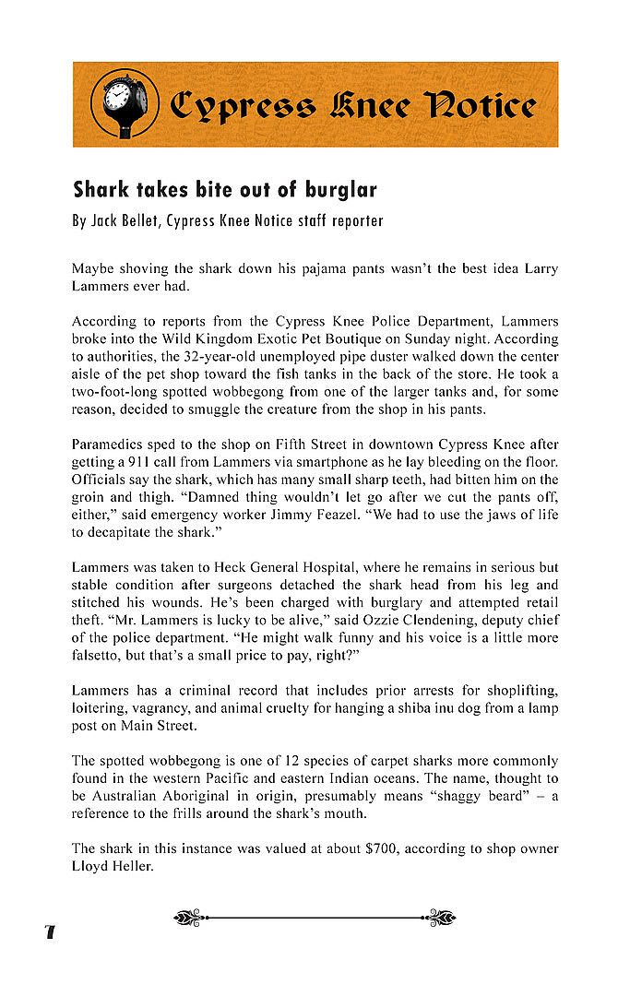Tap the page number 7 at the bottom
point(49,931)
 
